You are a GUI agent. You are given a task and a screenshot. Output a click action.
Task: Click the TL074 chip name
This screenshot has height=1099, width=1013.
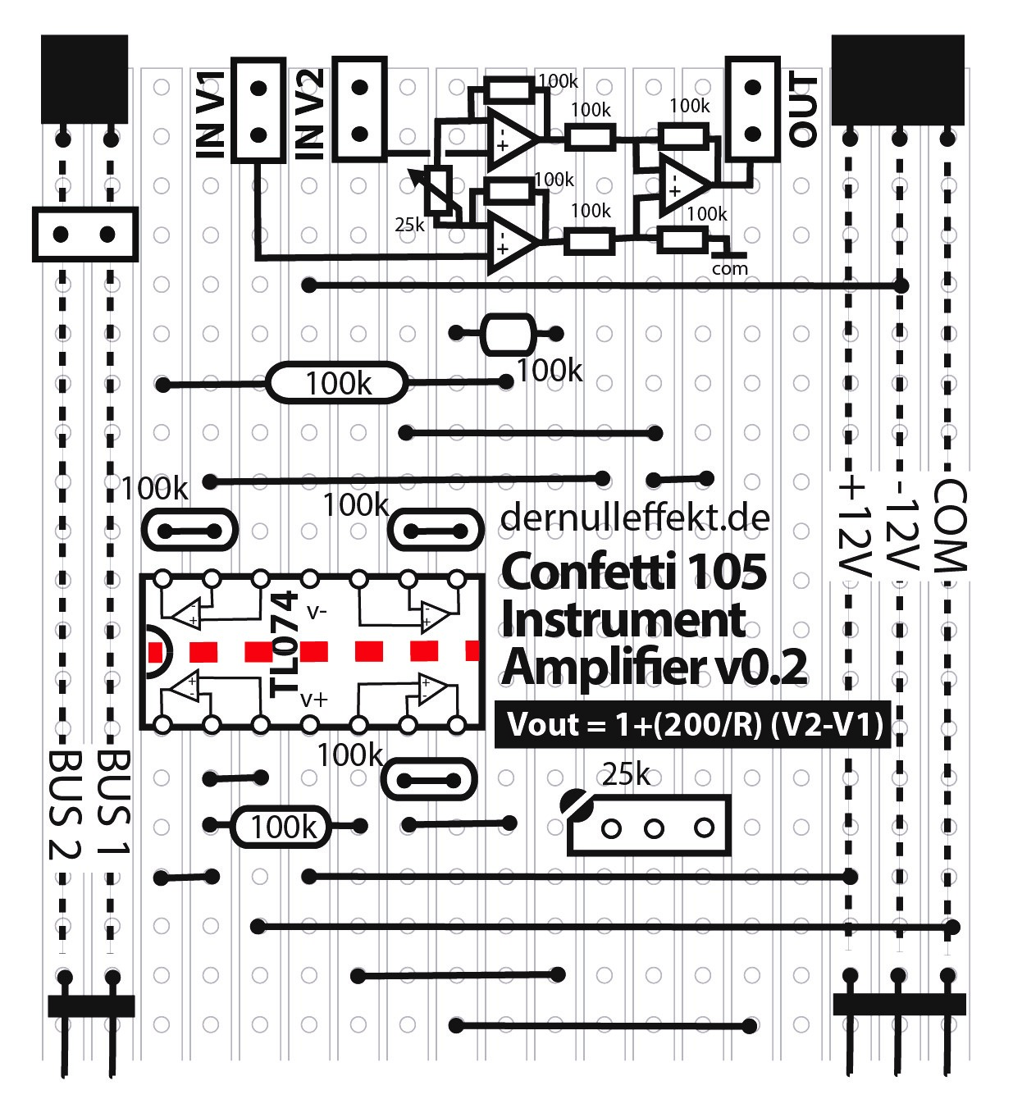point(284,645)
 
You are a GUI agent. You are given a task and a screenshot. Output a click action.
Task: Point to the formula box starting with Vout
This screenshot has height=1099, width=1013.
point(694,725)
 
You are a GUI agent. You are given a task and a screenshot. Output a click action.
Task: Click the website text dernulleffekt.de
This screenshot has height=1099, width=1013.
point(635,518)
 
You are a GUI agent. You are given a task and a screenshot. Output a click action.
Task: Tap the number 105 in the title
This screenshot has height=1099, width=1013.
point(727,572)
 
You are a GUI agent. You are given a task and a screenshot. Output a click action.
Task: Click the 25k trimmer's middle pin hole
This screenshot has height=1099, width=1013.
point(654,828)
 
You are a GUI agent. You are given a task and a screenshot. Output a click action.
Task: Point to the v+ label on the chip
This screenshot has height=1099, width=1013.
point(313,699)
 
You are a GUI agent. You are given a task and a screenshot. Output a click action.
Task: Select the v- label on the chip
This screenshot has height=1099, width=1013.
point(316,611)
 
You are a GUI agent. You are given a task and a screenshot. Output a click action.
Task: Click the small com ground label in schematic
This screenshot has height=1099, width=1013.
point(730,268)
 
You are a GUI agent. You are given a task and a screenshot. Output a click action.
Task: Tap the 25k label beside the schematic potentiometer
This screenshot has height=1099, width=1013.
point(409,224)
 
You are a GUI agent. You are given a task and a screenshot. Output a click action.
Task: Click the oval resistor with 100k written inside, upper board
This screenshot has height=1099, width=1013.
point(336,383)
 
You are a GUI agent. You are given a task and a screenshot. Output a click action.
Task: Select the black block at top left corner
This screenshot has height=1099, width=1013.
point(84,79)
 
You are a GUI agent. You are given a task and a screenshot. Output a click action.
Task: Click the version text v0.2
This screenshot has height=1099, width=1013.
point(761,667)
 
